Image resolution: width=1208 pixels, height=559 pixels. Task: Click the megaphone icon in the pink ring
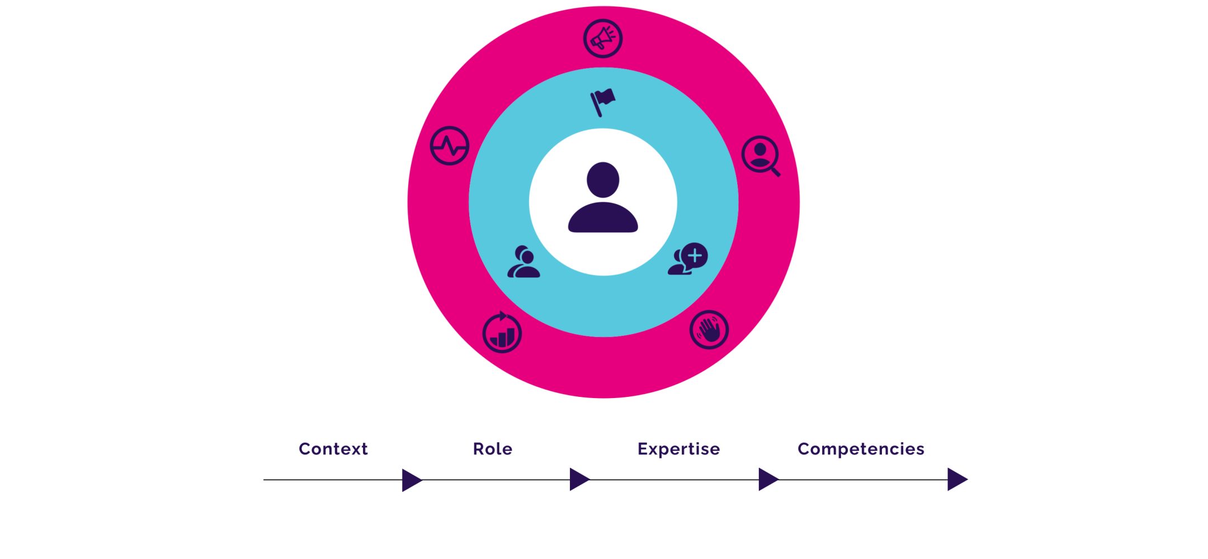tap(602, 39)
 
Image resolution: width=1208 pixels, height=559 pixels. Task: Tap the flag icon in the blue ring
tap(603, 102)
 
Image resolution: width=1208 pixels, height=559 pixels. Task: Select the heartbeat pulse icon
tap(450, 146)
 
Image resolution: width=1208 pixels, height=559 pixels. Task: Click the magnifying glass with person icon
tap(760, 155)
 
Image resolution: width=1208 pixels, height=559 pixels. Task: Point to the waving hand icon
tap(709, 330)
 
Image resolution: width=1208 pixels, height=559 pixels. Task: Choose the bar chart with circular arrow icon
tap(502, 334)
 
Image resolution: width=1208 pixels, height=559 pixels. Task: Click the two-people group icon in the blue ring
tap(524, 262)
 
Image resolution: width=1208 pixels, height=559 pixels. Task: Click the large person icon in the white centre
tap(603, 198)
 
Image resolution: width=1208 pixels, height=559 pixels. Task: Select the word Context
tap(333, 449)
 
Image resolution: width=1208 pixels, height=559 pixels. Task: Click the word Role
tap(493, 449)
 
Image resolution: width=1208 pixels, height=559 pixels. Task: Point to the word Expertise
tap(678, 449)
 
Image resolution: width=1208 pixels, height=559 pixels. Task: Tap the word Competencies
tap(861, 449)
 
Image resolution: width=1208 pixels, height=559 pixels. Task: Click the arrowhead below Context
tap(411, 480)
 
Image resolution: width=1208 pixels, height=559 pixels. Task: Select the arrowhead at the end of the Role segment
tap(579, 480)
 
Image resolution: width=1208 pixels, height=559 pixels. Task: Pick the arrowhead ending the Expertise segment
tap(768, 480)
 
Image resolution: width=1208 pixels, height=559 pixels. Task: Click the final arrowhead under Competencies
tap(956, 480)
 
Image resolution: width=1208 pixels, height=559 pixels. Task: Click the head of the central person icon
tap(603, 179)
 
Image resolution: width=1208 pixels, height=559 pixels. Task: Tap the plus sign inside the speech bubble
tap(695, 256)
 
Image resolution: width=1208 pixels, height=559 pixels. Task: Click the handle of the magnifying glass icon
tap(776, 172)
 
